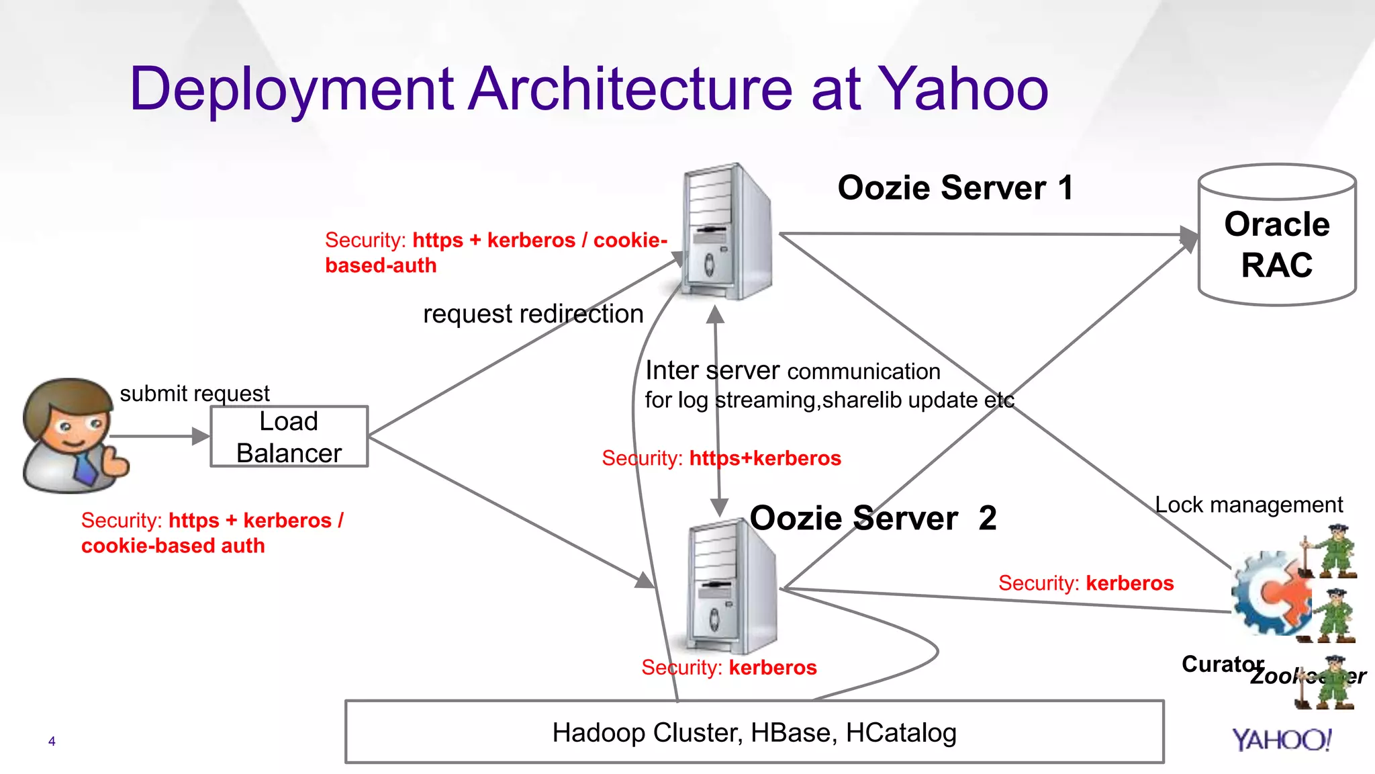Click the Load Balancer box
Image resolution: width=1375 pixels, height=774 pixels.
[289, 436]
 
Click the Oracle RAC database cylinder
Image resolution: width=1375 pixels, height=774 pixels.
[1276, 235]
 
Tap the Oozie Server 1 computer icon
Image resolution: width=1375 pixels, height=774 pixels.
[726, 232]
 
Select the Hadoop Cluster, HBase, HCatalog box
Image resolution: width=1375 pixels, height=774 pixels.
[754, 732]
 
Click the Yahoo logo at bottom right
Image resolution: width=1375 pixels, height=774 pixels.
[1282, 740]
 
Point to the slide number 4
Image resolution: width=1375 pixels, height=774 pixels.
[52, 741]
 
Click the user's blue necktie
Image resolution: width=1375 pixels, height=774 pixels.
[85, 468]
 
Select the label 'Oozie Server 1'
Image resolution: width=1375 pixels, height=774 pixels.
[955, 187]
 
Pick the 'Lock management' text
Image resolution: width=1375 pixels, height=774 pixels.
[1248, 505]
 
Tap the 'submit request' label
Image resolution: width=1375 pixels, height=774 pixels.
[194, 393]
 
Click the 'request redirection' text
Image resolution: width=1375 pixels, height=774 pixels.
[532, 314]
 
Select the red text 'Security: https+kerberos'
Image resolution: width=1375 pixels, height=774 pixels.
[721, 458]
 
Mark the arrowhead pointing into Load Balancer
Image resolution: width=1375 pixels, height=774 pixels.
[201, 436]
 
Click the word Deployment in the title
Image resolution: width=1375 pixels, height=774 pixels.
[291, 89]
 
